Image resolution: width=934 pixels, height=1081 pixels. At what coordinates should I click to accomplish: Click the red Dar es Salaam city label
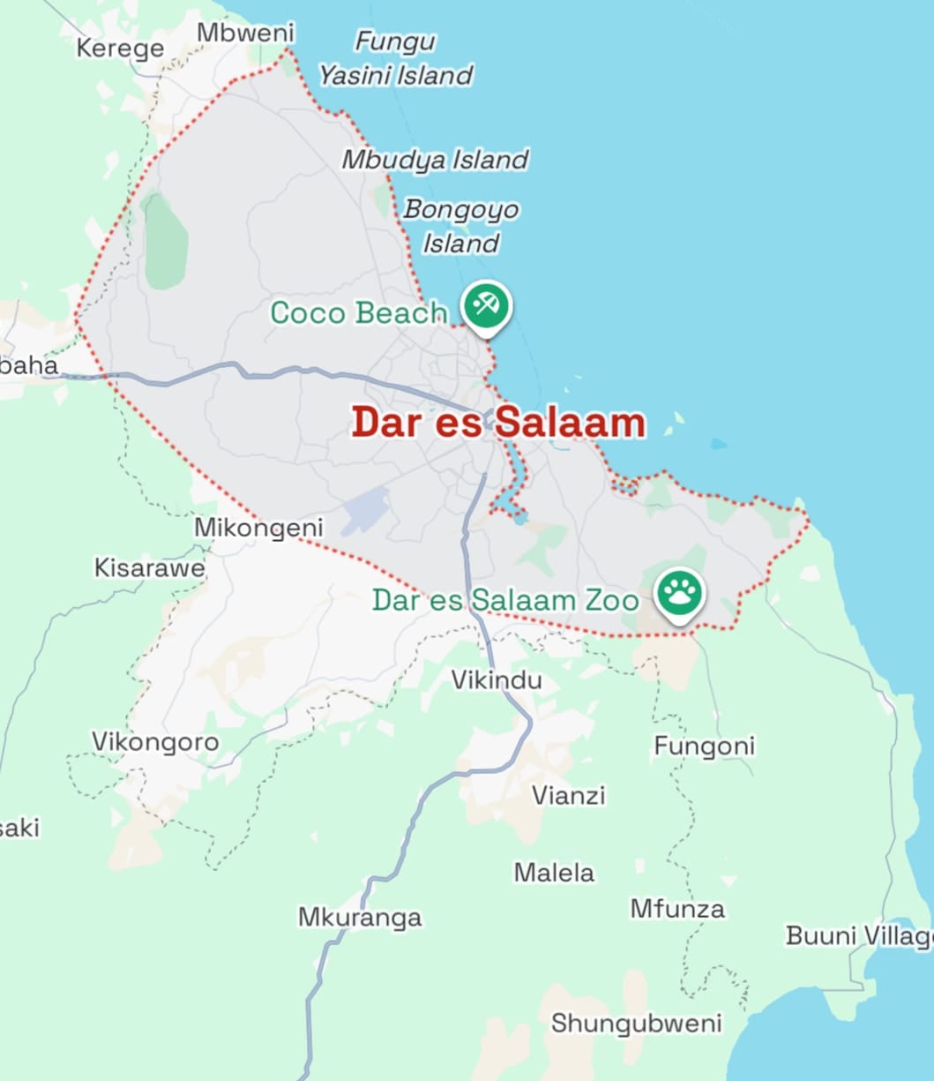tap(498, 423)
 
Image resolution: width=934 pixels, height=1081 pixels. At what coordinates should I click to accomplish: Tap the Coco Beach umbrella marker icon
tap(486, 307)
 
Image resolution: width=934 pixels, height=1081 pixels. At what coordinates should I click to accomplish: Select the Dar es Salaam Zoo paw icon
tap(679, 593)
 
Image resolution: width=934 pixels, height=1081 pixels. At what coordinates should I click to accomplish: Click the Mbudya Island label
tap(435, 160)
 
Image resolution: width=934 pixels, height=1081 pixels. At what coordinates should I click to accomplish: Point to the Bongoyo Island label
tap(461, 225)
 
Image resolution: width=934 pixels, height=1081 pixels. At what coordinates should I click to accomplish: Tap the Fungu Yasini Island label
tap(395, 58)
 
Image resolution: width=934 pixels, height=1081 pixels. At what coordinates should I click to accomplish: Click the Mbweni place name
tap(245, 33)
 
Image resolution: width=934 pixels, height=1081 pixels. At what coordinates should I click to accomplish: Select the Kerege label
tap(120, 48)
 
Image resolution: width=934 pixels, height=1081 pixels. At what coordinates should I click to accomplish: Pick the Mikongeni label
tap(258, 528)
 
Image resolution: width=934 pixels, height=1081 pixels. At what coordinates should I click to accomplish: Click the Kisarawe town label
tap(149, 567)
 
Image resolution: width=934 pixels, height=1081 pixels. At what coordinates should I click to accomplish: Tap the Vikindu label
tap(497, 680)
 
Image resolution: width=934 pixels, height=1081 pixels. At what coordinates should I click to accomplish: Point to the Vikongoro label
tap(155, 741)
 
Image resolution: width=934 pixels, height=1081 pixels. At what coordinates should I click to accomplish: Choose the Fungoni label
tap(704, 747)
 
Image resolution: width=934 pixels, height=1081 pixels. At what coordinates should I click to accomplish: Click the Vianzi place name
tap(568, 795)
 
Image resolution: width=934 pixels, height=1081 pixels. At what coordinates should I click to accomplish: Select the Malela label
tap(554, 873)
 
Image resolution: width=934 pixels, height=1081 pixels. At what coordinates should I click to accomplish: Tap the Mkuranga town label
tap(360, 917)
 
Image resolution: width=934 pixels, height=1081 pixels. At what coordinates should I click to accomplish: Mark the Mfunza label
tap(677, 908)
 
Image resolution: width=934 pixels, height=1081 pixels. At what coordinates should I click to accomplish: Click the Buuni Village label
tap(859, 935)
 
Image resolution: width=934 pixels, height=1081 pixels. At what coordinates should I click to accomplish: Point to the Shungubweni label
tap(636, 1023)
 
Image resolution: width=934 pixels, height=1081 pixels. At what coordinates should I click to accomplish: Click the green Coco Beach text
tap(358, 312)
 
